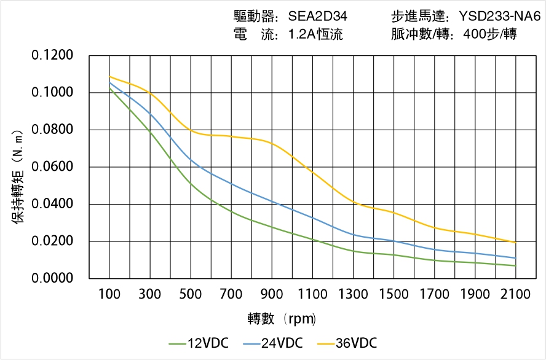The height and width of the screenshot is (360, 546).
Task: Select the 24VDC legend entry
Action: pyautogui.click(x=272, y=343)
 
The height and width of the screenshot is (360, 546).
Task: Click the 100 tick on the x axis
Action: pyautogui.click(x=109, y=294)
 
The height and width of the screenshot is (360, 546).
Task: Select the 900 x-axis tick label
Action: pyautogui.click(x=272, y=294)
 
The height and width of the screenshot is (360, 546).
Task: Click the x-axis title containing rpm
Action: pyautogui.click(x=282, y=319)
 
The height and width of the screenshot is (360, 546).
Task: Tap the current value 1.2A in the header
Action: pyautogui.click(x=302, y=34)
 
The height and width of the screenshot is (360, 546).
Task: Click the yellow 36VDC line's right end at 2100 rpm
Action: pyautogui.click(x=515, y=243)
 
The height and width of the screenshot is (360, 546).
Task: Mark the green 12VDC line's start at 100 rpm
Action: pyautogui.click(x=109, y=88)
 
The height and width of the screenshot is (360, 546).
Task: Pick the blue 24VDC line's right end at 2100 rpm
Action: pyautogui.click(x=515, y=258)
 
